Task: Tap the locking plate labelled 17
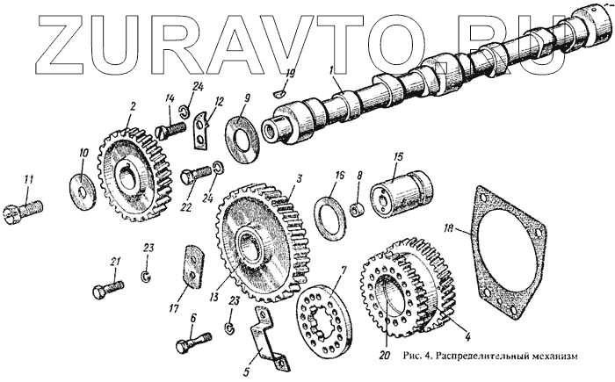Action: (192, 271)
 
